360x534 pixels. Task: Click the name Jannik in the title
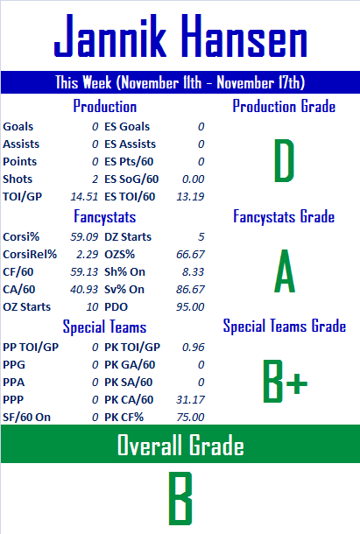[x=109, y=35]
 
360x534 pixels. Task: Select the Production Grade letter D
[x=284, y=160]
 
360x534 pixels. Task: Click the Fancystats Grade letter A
[x=285, y=271]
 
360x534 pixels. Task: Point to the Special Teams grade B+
[x=285, y=381]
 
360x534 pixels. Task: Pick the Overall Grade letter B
[x=180, y=498]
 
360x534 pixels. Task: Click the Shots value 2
[x=95, y=179]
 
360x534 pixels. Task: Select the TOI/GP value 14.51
[x=84, y=196]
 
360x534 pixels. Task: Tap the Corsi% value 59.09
[x=84, y=236]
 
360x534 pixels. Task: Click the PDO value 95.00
[x=190, y=307]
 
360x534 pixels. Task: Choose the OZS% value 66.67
[x=190, y=255]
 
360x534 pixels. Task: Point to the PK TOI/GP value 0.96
[x=193, y=347]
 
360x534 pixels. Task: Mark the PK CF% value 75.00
[x=190, y=418]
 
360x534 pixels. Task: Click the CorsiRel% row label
[x=30, y=255]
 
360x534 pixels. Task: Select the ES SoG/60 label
[x=131, y=179]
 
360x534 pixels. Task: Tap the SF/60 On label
[x=26, y=418]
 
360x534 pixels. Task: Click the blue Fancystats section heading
[x=105, y=217]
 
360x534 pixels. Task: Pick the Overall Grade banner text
[x=180, y=445]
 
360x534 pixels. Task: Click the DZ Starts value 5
[x=201, y=236]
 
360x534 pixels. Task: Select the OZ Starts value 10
[x=92, y=307]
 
